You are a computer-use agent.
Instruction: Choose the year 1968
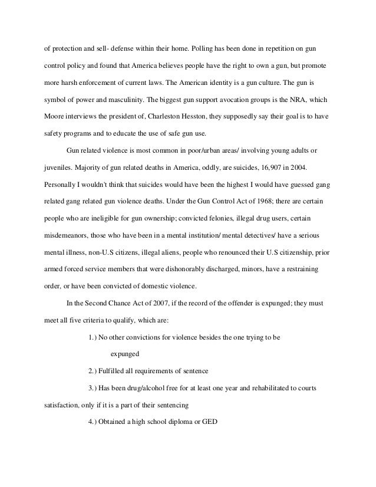235,202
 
